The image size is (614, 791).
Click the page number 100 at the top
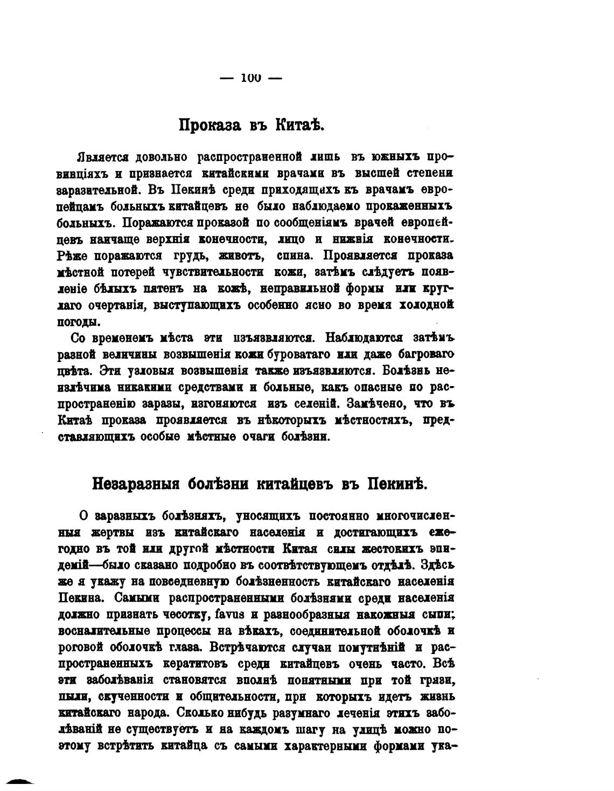coord(251,78)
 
